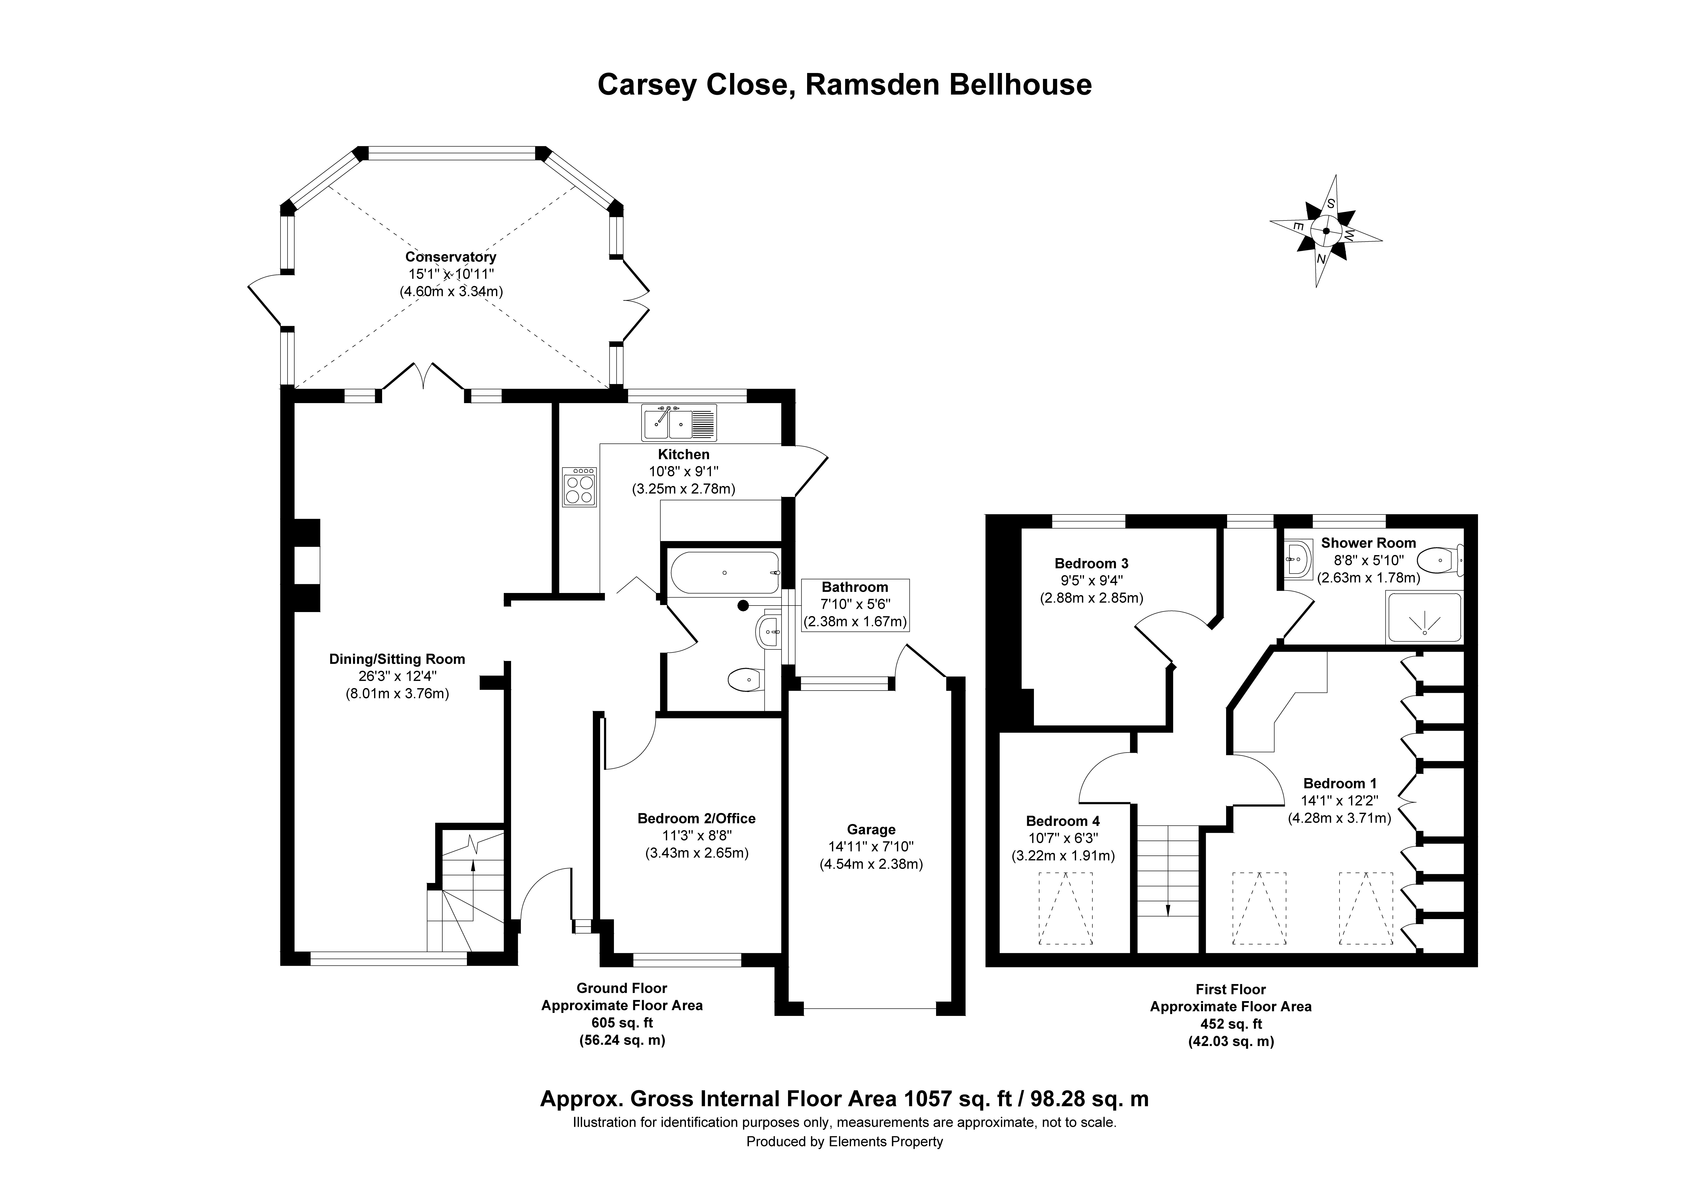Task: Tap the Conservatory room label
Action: point(450,257)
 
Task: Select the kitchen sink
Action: point(679,423)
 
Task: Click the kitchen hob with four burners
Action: point(579,487)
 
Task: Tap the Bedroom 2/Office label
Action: point(696,818)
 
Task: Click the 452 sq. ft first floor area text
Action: point(1231,1024)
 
